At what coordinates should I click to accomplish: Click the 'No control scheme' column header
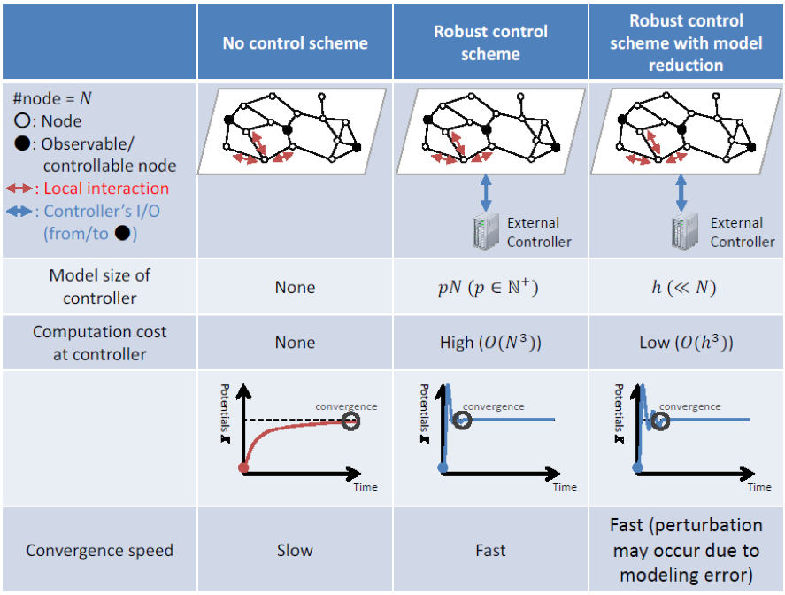(x=295, y=42)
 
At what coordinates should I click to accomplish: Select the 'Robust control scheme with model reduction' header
(x=686, y=42)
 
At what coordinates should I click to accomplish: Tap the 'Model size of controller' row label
(x=99, y=287)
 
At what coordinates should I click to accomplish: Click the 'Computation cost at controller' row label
(x=99, y=343)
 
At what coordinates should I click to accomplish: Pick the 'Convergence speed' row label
(x=99, y=550)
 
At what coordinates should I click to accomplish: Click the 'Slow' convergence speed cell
(x=295, y=550)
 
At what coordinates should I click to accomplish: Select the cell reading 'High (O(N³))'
(x=490, y=343)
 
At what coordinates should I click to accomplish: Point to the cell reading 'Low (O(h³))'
(x=686, y=343)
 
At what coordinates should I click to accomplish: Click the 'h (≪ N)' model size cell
(x=686, y=287)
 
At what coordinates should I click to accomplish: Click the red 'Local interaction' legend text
(x=105, y=188)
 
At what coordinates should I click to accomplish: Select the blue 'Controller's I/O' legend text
(x=102, y=211)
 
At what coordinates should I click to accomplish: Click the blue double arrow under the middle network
(x=485, y=192)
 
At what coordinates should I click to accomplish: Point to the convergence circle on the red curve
(x=352, y=421)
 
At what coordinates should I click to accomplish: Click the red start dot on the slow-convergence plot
(x=244, y=467)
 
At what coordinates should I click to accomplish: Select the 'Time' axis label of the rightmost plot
(x=758, y=487)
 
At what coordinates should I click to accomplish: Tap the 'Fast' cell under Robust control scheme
(x=490, y=550)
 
